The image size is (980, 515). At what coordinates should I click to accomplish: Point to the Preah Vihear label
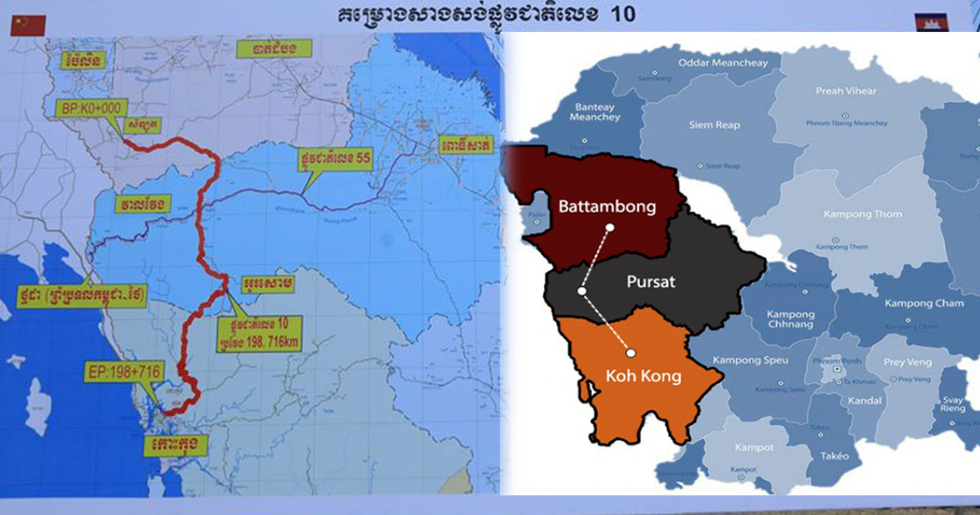(x=846, y=91)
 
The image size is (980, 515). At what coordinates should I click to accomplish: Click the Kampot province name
(x=728, y=447)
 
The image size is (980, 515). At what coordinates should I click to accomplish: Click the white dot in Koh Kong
(x=630, y=353)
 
